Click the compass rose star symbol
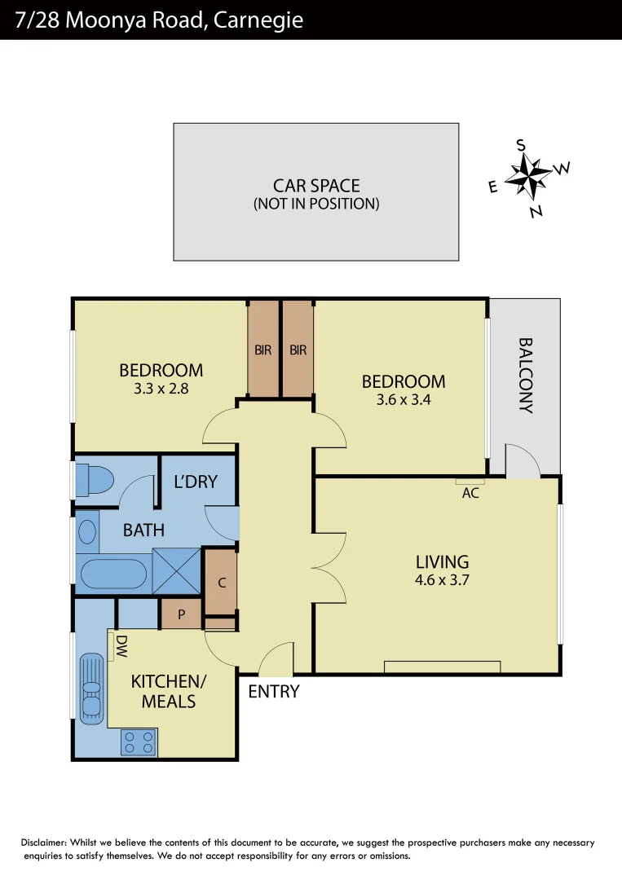click(528, 178)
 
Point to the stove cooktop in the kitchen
click(139, 741)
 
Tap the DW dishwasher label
click(121, 647)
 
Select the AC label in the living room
click(470, 492)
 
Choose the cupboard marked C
click(220, 583)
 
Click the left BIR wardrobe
click(263, 350)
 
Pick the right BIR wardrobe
click(298, 350)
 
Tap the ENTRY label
click(274, 692)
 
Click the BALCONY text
click(525, 376)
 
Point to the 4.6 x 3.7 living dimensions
click(443, 581)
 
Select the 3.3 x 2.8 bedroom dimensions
click(161, 389)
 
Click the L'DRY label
click(196, 482)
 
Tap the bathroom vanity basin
click(86, 532)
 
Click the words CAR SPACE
click(316, 186)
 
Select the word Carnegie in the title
click(260, 20)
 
